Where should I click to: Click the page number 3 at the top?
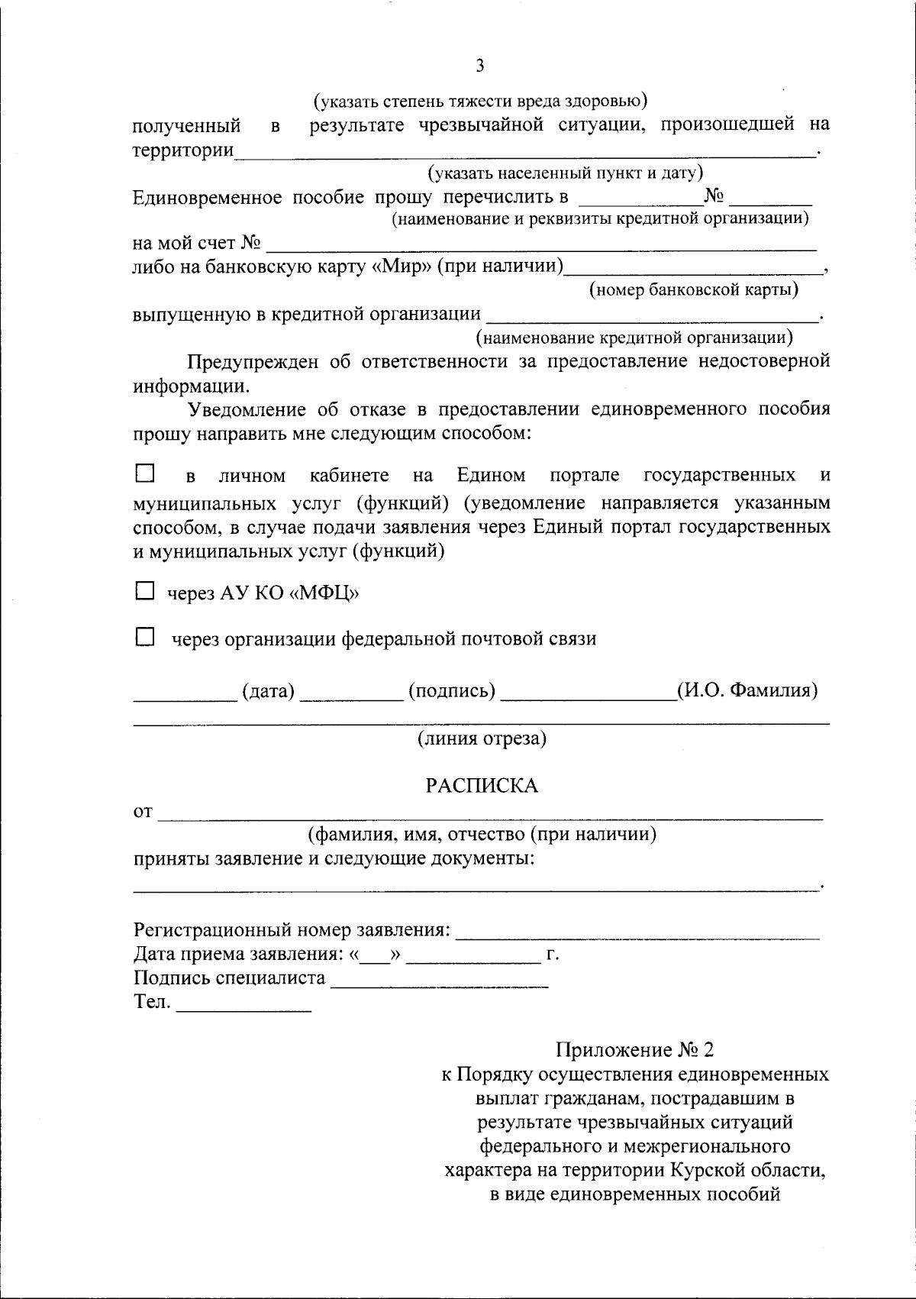pyautogui.click(x=479, y=66)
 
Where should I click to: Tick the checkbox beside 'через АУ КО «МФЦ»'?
pyautogui.click(x=144, y=591)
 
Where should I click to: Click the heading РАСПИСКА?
pyautogui.click(x=481, y=786)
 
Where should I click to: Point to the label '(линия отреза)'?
pyautogui.click(x=481, y=738)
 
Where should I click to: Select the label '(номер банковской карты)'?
pyautogui.click(x=694, y=290)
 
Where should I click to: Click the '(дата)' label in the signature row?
pyautogui.click(x=268, y=691)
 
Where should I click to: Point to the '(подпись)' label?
pyautogui.click(x=452, y=691)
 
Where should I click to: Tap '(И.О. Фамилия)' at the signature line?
pyautogui.click(x=747, y=691)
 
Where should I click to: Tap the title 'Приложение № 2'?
pyautogui.click(x=635, y=1050)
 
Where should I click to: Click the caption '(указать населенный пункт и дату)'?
pyautogui.click(x=565, y=173)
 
